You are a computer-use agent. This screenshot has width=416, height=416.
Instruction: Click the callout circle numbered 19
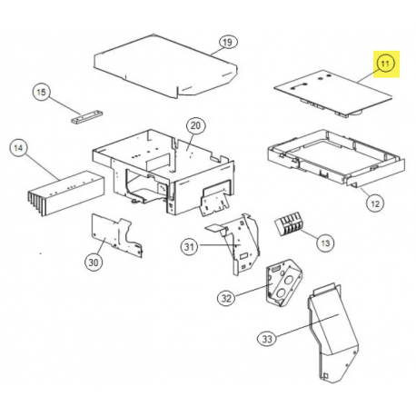pyautogui.click(x=227, y=42)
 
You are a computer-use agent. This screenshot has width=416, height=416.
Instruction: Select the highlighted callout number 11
pyautogui.click(x=385, y=64)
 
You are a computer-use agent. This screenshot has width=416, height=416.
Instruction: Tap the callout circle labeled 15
pyautogui.click(x=42, y=92)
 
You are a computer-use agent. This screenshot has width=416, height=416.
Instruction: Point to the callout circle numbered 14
pyautogui.click(x=18, y=148)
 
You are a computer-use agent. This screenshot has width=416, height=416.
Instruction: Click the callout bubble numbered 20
pyautogui.click(x=195, y=125)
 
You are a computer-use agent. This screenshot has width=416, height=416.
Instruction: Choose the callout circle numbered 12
pyautogui.click(x=375, y=203)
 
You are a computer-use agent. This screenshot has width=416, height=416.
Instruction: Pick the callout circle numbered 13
pyautogui.click(x=325, y=243)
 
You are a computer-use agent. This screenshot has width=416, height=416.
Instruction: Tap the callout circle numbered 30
pyautogui.click(x=94, y=262)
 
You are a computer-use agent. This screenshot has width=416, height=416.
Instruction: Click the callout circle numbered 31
pyautogui.click(x=190, y=247)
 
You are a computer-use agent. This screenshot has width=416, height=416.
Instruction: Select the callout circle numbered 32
pyautogui.click(x=226, y=298)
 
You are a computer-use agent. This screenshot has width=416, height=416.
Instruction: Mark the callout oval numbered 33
pyautogui.click(x=267, y=339)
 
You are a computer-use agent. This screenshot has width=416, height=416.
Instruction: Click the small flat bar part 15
pyautogui.click(x=87, y=116)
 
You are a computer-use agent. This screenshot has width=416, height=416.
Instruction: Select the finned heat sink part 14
pyautogui.click(x=66, y=193)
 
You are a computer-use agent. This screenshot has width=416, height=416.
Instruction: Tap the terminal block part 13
pyautogui.click(x=289, y=224)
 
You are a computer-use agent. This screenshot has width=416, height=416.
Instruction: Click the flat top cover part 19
pyautogui.click(x=165, y=66)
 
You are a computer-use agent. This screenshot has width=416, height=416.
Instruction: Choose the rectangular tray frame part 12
pyautogui.click(x=336, y=158)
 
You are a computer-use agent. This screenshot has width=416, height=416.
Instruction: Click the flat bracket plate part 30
pyautogui.click(x=117, y=235)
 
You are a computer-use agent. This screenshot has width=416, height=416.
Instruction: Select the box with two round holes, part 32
pyautogui.click(x=284, y=282)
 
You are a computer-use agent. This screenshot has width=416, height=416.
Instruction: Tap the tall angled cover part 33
pyautogui.click(x=333, y=332)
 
